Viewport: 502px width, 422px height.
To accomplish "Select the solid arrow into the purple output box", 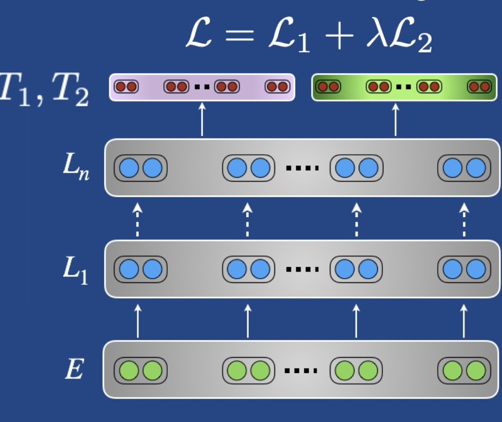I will tap(203, 119).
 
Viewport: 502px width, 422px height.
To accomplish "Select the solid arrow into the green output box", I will tap(395, 119).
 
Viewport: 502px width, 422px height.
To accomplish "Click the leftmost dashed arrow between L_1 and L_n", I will tap(138, 219).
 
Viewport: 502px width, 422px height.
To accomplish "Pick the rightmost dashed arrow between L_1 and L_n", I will tap(464, 219).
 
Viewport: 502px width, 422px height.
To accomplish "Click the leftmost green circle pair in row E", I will tap(140, 371).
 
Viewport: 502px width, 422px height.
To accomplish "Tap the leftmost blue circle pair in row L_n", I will tap(140, 168).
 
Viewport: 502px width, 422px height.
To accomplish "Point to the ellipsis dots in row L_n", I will tap(301, 168).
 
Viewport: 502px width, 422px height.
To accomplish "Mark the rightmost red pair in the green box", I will tap(480, 87).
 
